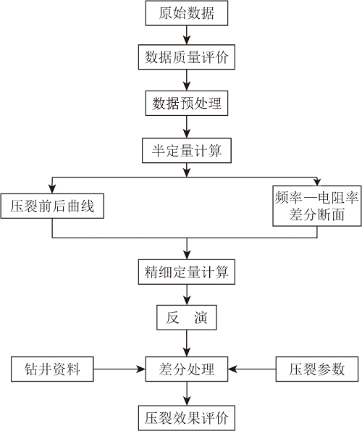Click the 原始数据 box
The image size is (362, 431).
tap(187, 13)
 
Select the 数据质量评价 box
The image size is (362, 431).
tap(187, 57)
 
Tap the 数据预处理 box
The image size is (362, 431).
tap(187, 103)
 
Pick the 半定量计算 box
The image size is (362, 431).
tap(187, 151)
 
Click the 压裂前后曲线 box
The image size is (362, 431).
tap(52, 206)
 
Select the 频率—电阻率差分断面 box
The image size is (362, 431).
tap(317, 206)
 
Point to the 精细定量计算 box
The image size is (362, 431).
tap(187, 272)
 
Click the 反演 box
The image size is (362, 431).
tap(187, 317)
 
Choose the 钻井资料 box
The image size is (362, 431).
tap(52, 369)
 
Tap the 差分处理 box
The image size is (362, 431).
tap(187, 369)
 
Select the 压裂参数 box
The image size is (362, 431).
tap(317, 369)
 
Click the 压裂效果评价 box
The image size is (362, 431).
tap(187, 418)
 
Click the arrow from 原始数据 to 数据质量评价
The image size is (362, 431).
tap(187, 35)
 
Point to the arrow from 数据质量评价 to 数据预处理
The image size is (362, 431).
tap(187, 80)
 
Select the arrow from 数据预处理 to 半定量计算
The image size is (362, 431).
tap(187, 127)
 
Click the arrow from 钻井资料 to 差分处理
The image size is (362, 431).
tap(119, 369)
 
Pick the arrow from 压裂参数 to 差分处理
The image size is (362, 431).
tap(252, 369)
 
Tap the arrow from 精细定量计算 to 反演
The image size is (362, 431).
tap(187, 295)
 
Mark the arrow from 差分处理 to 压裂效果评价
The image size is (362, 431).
tap(187, 393)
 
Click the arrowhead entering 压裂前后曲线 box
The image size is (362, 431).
tap(52, 189)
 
